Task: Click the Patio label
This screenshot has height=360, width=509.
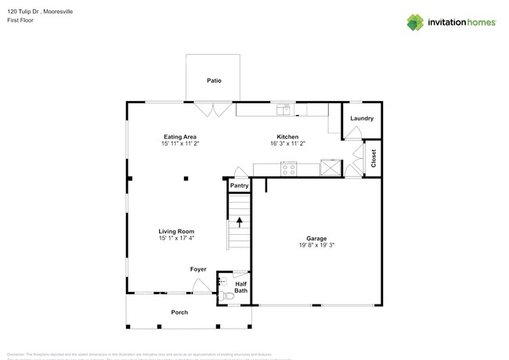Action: tap(213, 81)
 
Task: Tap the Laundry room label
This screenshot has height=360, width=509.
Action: tap(361, 118)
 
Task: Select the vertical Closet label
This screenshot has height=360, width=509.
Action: tap(374, 159)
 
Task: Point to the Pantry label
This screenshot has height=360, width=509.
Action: tap(239, 186)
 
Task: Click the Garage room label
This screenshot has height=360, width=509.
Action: tap(316, 238)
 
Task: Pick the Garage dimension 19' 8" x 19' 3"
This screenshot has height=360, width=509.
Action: tap(316, 245)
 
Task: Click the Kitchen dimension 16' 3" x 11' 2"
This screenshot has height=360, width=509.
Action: tap(287, 144)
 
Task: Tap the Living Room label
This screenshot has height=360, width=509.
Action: tap(175, 231)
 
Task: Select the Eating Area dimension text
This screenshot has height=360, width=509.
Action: tap(179, 144)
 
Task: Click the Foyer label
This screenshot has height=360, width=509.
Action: tap(198, 269)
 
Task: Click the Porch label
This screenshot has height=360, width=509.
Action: tap(179, 312)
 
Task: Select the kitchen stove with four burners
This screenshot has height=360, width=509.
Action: tap(289, 167)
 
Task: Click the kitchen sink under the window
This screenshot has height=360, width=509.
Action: tap(287, 109)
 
